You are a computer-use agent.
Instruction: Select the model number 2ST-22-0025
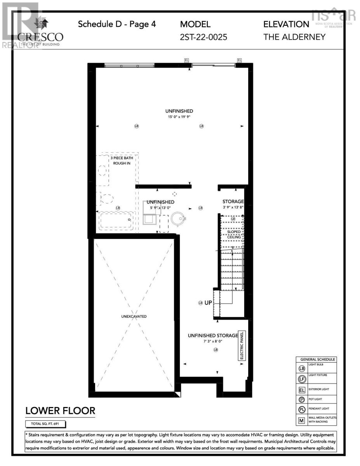[x=203, y=37]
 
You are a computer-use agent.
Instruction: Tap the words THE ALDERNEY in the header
[x=294, y=37]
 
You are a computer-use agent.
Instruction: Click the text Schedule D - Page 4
[x=117, y=24]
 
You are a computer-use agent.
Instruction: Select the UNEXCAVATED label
[x=134, y=316]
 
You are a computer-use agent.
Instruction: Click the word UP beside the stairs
[x=208, y=303]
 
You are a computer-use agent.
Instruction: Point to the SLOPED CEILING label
[x=231, y=234]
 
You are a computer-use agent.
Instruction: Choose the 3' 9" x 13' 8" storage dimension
[x=233, y=207]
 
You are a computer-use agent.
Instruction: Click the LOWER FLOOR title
[x=60, y=410]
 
